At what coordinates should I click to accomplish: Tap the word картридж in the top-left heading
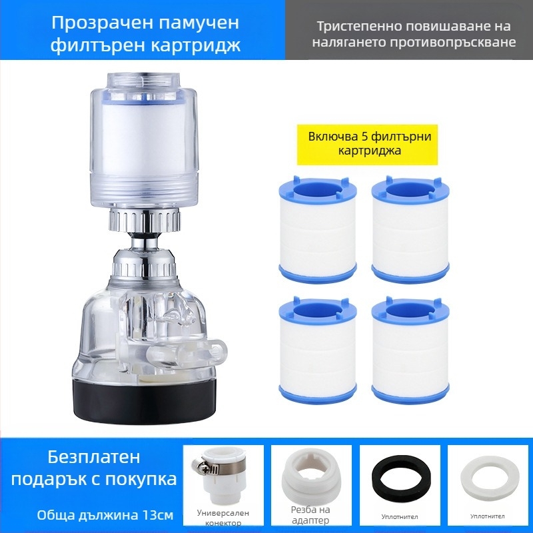(x=195, y=45)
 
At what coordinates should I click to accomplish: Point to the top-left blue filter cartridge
(x=318, y=229)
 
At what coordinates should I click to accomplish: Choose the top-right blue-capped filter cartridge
(x=410, y=229)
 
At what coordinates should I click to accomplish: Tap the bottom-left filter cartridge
(x=318, y=350)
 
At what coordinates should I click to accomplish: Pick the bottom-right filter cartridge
(x=410, y=350)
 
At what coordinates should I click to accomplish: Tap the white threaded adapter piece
(x=310, y=478)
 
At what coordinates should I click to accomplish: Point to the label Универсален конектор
(x=223, y=518)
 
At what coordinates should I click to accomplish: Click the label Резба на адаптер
(x=310, y=514)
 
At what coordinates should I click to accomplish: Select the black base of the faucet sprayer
(x=144, y=400)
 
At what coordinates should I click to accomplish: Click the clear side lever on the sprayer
(x=187, y=351)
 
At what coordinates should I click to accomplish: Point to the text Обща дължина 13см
(x=105, y=515)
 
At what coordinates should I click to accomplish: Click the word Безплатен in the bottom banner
(x=93, y=457)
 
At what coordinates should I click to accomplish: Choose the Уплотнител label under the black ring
(x=399, y=517)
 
